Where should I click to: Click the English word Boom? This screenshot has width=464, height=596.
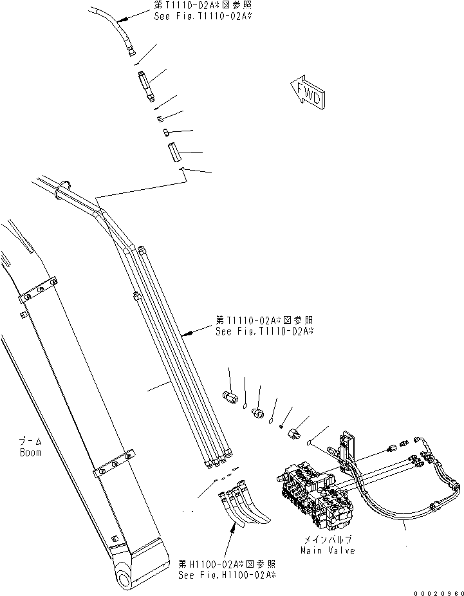(x=30, y=452)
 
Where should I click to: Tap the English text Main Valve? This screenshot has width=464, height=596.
(x=327, y=550)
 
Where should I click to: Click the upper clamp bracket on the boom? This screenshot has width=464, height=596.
(x=39, y=290)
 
